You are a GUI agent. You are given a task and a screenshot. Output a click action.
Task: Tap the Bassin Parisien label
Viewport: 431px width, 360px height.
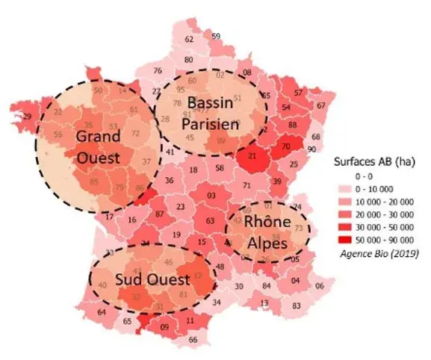pyautogui.click(x=211, y=113)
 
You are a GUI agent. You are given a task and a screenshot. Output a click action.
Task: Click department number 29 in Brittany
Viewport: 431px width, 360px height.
pyautogui.click(x=28, y=116)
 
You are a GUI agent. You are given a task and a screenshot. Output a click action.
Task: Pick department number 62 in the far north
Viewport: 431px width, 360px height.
pyautogui.click(x=189, y=40)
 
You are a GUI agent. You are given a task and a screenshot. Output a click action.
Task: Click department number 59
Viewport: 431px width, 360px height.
pyautogui.click(x=216, y=37)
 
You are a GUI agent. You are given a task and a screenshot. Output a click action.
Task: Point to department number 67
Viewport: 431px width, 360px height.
pyautogui.click(x=320, y=106)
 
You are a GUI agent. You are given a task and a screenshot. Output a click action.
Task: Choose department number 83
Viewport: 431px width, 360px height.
pyautogui.click(x=297, y=306)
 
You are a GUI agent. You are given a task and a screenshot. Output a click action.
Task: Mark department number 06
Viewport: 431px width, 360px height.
pyautogui.click(x=320, y=286)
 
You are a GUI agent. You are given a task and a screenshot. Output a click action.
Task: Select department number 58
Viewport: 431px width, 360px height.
pyautogui.click(x=220, y=168)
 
